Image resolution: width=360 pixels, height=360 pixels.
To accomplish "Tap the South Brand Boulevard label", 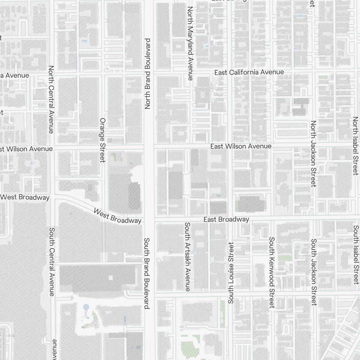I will point(147,273).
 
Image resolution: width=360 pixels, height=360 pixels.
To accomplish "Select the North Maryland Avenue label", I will point(190,43).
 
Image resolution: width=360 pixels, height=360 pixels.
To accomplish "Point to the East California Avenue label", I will point(249,72).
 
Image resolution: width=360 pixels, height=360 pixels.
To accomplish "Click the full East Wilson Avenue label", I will point(241,146).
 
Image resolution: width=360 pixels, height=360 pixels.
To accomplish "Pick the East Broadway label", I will point(226,219).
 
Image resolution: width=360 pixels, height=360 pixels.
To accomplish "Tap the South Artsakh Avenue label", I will point(187,256).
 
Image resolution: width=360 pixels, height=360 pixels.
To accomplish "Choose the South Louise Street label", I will point(231,273).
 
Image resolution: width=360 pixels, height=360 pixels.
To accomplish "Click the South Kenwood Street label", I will point(272,272).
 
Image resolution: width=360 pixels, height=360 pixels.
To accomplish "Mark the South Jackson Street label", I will point(314,272).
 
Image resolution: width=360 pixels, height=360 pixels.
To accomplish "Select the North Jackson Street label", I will point(313,154).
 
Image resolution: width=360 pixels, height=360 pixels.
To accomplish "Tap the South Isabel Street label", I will point(356,255).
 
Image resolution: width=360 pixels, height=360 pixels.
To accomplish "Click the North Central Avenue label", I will point(51,99).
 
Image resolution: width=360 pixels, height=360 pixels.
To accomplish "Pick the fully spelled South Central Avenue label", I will point(52,262).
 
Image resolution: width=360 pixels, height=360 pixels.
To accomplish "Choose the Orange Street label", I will point(103,140).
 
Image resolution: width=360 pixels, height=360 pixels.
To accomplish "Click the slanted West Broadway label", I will point(117,215).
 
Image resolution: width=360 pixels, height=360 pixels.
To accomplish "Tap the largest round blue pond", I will point(86,307).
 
